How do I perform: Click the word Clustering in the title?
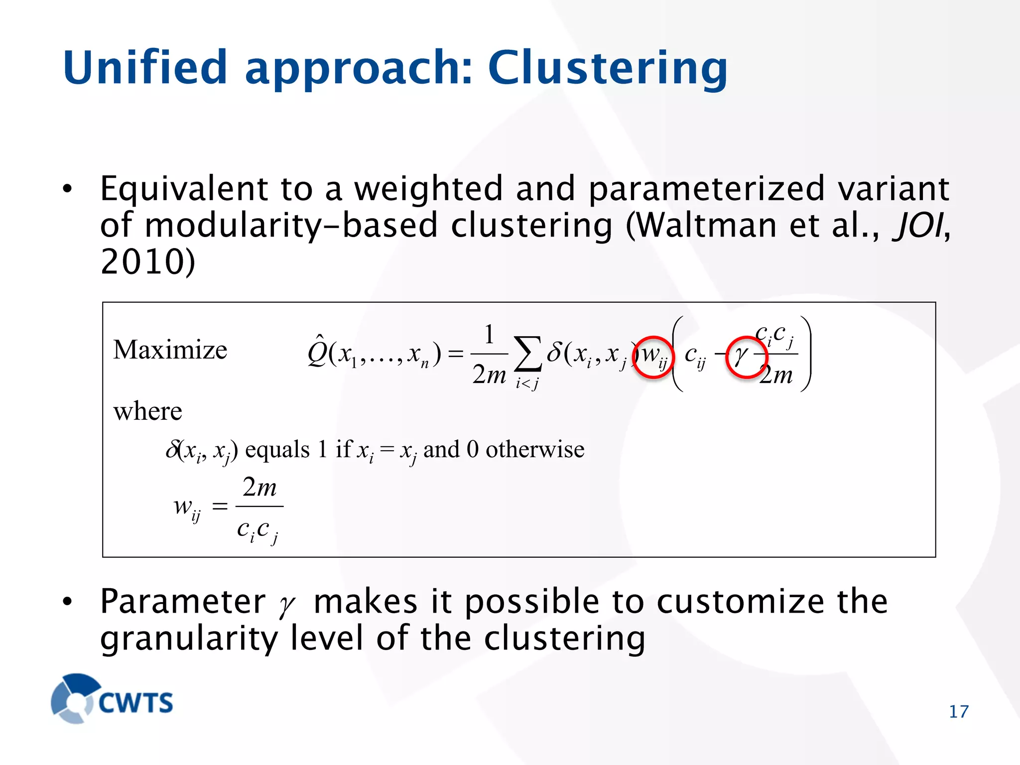608,69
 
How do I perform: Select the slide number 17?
958,712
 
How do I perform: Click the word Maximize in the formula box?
170,350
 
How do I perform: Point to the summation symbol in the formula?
527,354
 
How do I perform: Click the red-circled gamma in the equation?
745,357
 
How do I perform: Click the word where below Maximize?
147,411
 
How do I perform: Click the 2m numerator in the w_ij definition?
259,487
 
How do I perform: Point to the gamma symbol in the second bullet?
287,604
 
